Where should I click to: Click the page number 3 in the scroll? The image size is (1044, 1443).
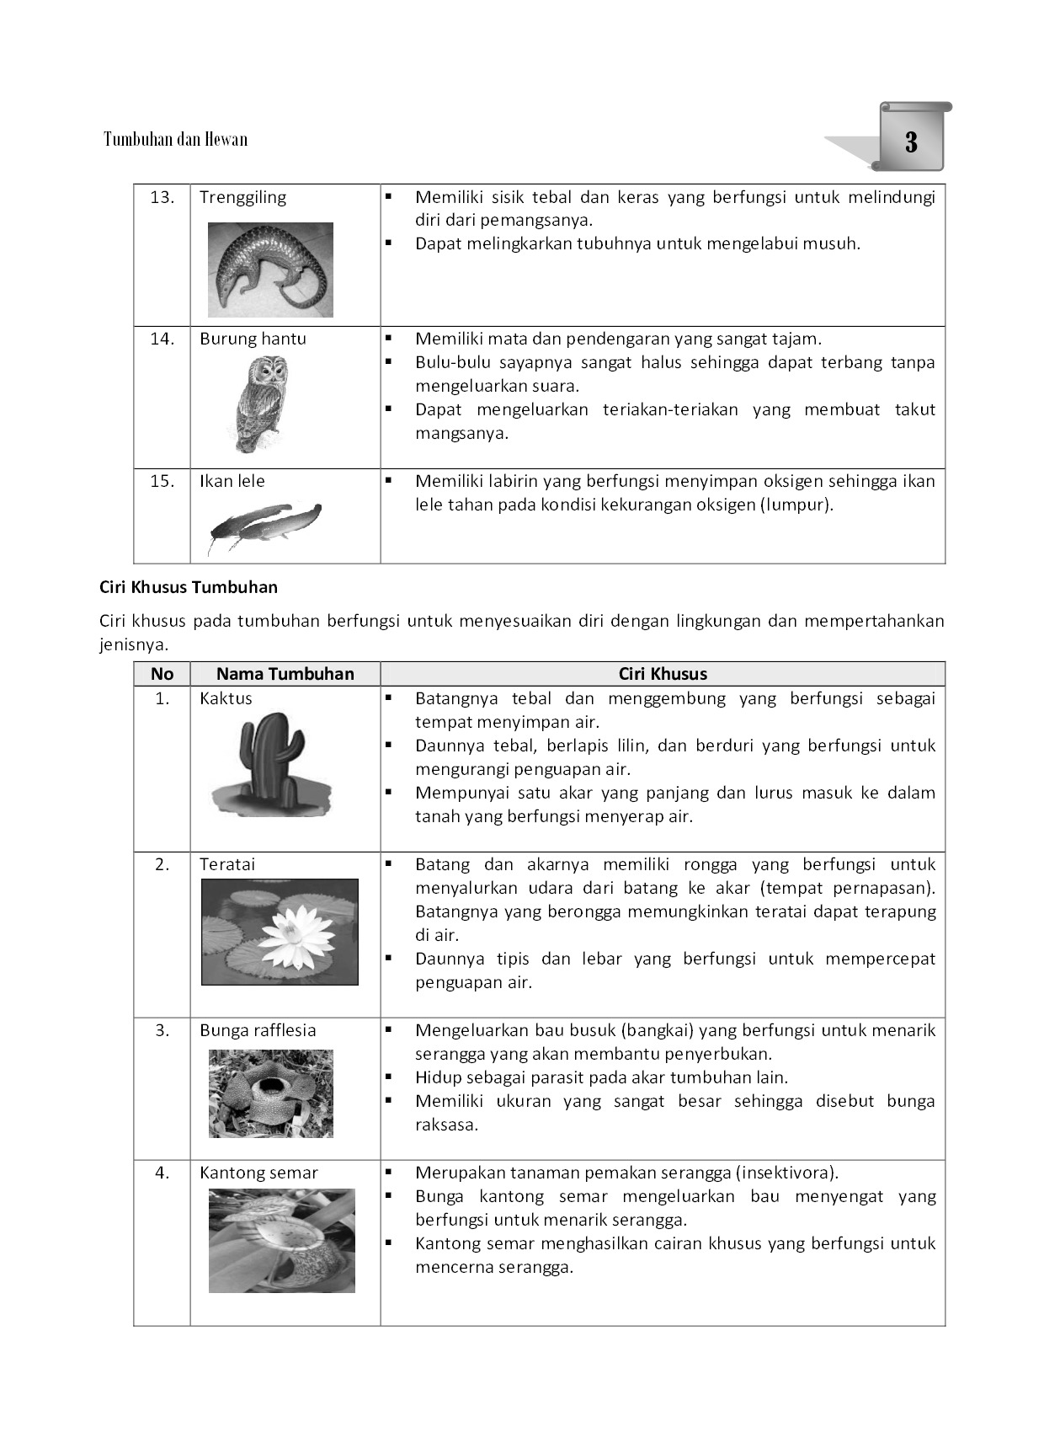point(911,142)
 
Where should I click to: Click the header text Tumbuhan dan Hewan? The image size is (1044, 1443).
point(175,139)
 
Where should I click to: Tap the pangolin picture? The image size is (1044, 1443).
point(270,270)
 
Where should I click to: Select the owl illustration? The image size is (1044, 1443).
point(256,403)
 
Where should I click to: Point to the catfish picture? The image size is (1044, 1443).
point(264,523)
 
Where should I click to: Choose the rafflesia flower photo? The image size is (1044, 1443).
point(270,1093)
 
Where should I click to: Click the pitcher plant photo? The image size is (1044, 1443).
point(281,1240)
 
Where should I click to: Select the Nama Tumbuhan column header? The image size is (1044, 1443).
point(285,674)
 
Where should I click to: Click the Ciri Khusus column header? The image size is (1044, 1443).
point(663,674)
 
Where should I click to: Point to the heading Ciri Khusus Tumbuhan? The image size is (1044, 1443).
point(189,587)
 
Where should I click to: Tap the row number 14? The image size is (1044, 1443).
point(162,339)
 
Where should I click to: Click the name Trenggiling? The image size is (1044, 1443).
point(242,198)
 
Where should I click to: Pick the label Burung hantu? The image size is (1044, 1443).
point(253,339)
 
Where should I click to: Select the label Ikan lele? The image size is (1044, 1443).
point(232,482)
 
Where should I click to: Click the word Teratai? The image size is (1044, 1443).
point(226,865)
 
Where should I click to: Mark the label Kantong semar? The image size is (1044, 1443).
point(258,1173)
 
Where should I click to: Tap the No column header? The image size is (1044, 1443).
point(162,674)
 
